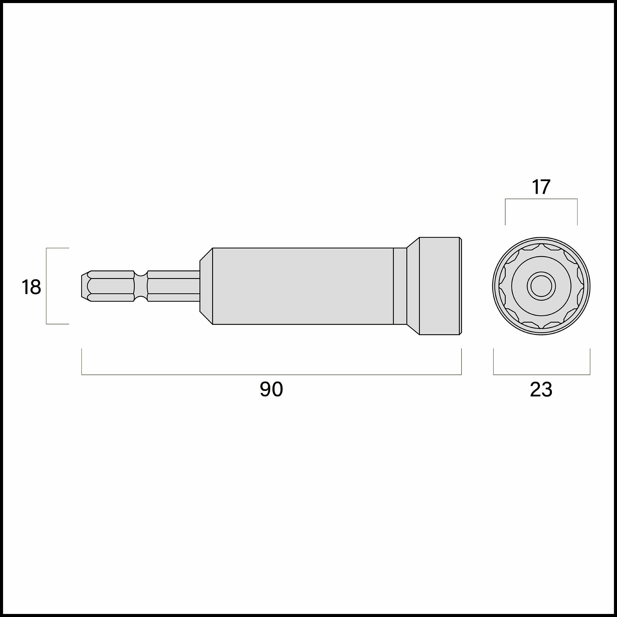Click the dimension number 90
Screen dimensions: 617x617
pyautogui.click(x=271, y=389)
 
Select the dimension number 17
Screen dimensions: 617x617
pyautogui.click(x=541, y=188)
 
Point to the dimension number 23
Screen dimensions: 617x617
pyautogui.click(x=541, y=390)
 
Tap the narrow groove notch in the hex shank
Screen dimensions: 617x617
pyautogui.click(x=141, y=286)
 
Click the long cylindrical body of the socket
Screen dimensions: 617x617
pyautogui.click(x=303, y=286)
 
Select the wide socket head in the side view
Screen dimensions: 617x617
pyautogui.click(x=439, y=286)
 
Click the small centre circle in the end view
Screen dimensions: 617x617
pyautogui.click(x=541, y=286)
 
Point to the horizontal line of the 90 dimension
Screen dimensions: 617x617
pyautogui.click(x=272, y=374)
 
